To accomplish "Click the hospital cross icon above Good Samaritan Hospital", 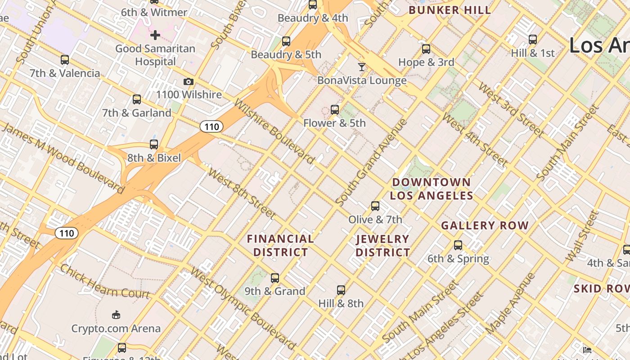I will (x=155, y=35).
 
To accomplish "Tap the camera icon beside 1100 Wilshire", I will (x=189, y=81).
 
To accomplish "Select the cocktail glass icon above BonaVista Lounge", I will (x=362, y=67).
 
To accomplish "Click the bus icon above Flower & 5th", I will (x=334, y=109).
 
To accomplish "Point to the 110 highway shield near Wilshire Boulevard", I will (x=211, y=127).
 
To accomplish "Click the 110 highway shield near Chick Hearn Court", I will (x=67, y=233).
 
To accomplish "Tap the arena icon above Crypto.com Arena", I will (x=116, y=315).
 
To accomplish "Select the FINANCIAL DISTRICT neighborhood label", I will (x=280, y=245).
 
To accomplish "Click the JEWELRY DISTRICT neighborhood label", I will (x=382, y=246).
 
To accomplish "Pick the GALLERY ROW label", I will (x=485, y=225).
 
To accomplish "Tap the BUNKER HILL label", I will (x=449, y=10).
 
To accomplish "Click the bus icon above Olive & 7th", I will (x=375, y=206).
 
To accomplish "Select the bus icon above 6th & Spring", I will (x=458, y=245).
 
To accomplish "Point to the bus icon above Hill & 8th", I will (x=341, y=290).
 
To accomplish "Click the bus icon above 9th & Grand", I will (x=275, y=278).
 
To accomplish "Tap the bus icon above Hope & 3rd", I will (x=426, y=49).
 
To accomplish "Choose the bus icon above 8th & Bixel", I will (x=154, y=144).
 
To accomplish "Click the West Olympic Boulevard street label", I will (x=243, y=309).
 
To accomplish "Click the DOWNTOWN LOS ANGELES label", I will (x=431, y=189).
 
